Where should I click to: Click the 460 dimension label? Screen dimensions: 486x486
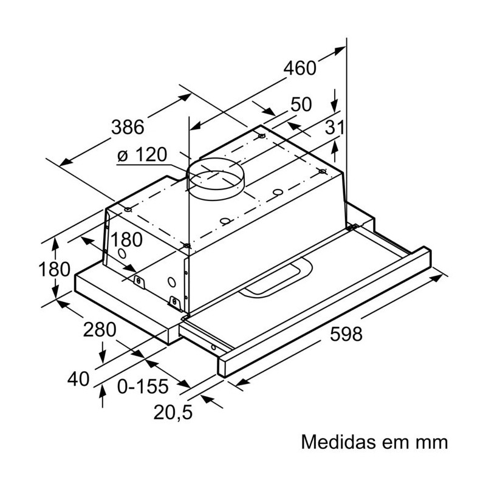point(299,68)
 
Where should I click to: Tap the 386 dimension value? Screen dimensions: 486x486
point(128,127)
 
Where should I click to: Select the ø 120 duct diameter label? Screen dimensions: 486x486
point(142,154)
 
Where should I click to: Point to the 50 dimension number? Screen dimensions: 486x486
point(301,104)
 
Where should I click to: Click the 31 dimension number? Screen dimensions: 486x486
point(335,127)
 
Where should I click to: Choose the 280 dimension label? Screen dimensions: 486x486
point(100,329)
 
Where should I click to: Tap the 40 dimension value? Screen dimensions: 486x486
point(79,378)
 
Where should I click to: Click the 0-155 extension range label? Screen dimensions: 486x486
point(143,386)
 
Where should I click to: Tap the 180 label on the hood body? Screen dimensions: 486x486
point(126,239)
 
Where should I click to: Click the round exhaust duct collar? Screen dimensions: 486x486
point(216,179)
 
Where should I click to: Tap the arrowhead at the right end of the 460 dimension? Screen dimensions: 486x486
point(340,50)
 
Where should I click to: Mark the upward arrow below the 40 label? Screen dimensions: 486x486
point(103,397)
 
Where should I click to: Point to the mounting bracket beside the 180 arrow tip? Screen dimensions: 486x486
point(139,282)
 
